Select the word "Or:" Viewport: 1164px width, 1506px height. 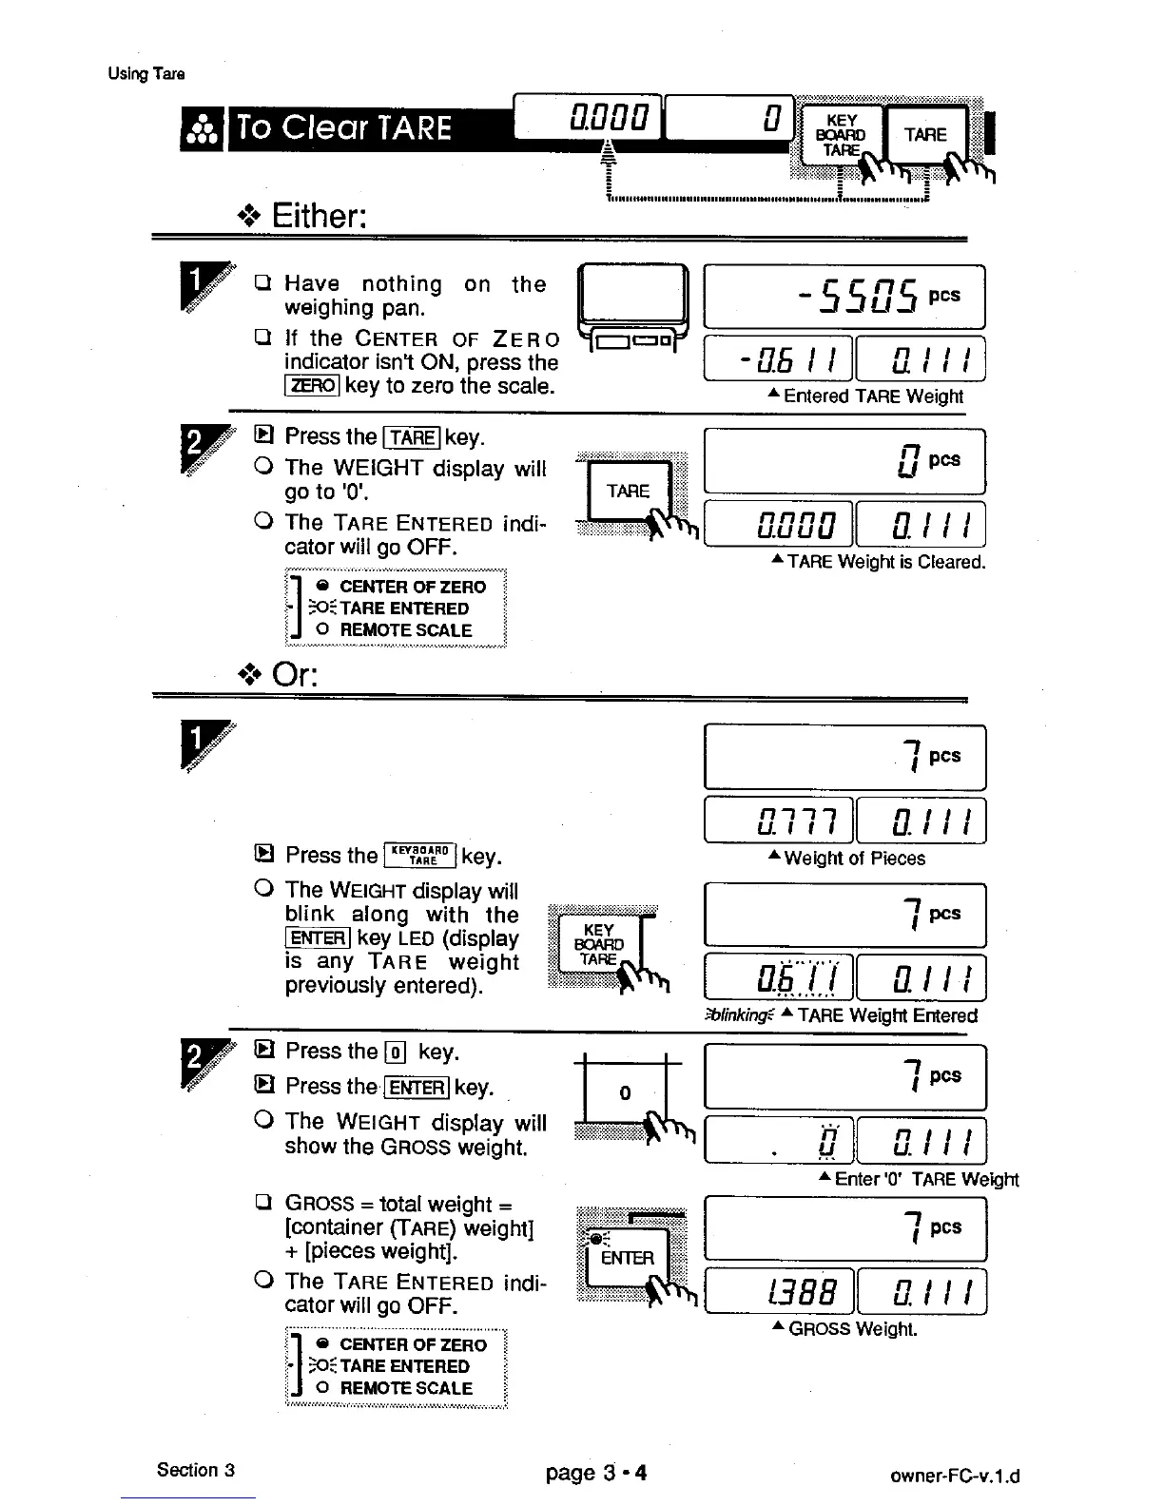[295, 675]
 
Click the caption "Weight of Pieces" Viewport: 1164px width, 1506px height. [846, 859]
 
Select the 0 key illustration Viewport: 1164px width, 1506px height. [625, 1093]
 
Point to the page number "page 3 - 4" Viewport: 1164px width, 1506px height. [596, 1474]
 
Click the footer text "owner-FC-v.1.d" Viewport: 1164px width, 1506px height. [955, 1477]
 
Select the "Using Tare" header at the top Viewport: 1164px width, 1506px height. [146, 74]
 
